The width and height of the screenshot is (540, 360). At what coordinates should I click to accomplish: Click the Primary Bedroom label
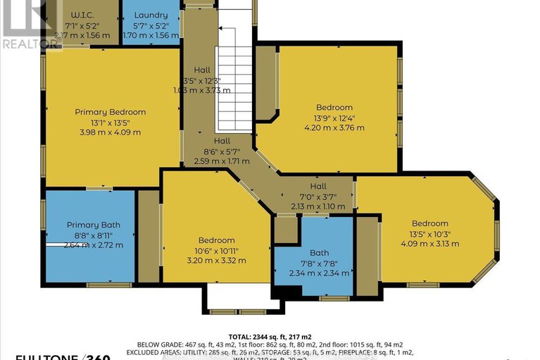tap(111, 111)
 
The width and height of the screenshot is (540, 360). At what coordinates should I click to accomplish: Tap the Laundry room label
tap(151, 15)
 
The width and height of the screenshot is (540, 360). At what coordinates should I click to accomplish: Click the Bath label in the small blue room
tap(319, 253)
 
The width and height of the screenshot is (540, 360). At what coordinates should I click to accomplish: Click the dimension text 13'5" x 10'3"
tap(429, 234)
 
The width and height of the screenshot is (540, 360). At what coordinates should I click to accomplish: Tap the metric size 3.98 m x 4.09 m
tap(111, 132)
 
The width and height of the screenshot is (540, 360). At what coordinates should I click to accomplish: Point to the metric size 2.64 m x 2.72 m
tap(93, 245)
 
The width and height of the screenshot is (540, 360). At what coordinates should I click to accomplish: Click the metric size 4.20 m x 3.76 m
tap(334, 128)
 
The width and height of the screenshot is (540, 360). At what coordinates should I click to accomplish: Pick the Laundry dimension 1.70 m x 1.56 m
tap(151, 35)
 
